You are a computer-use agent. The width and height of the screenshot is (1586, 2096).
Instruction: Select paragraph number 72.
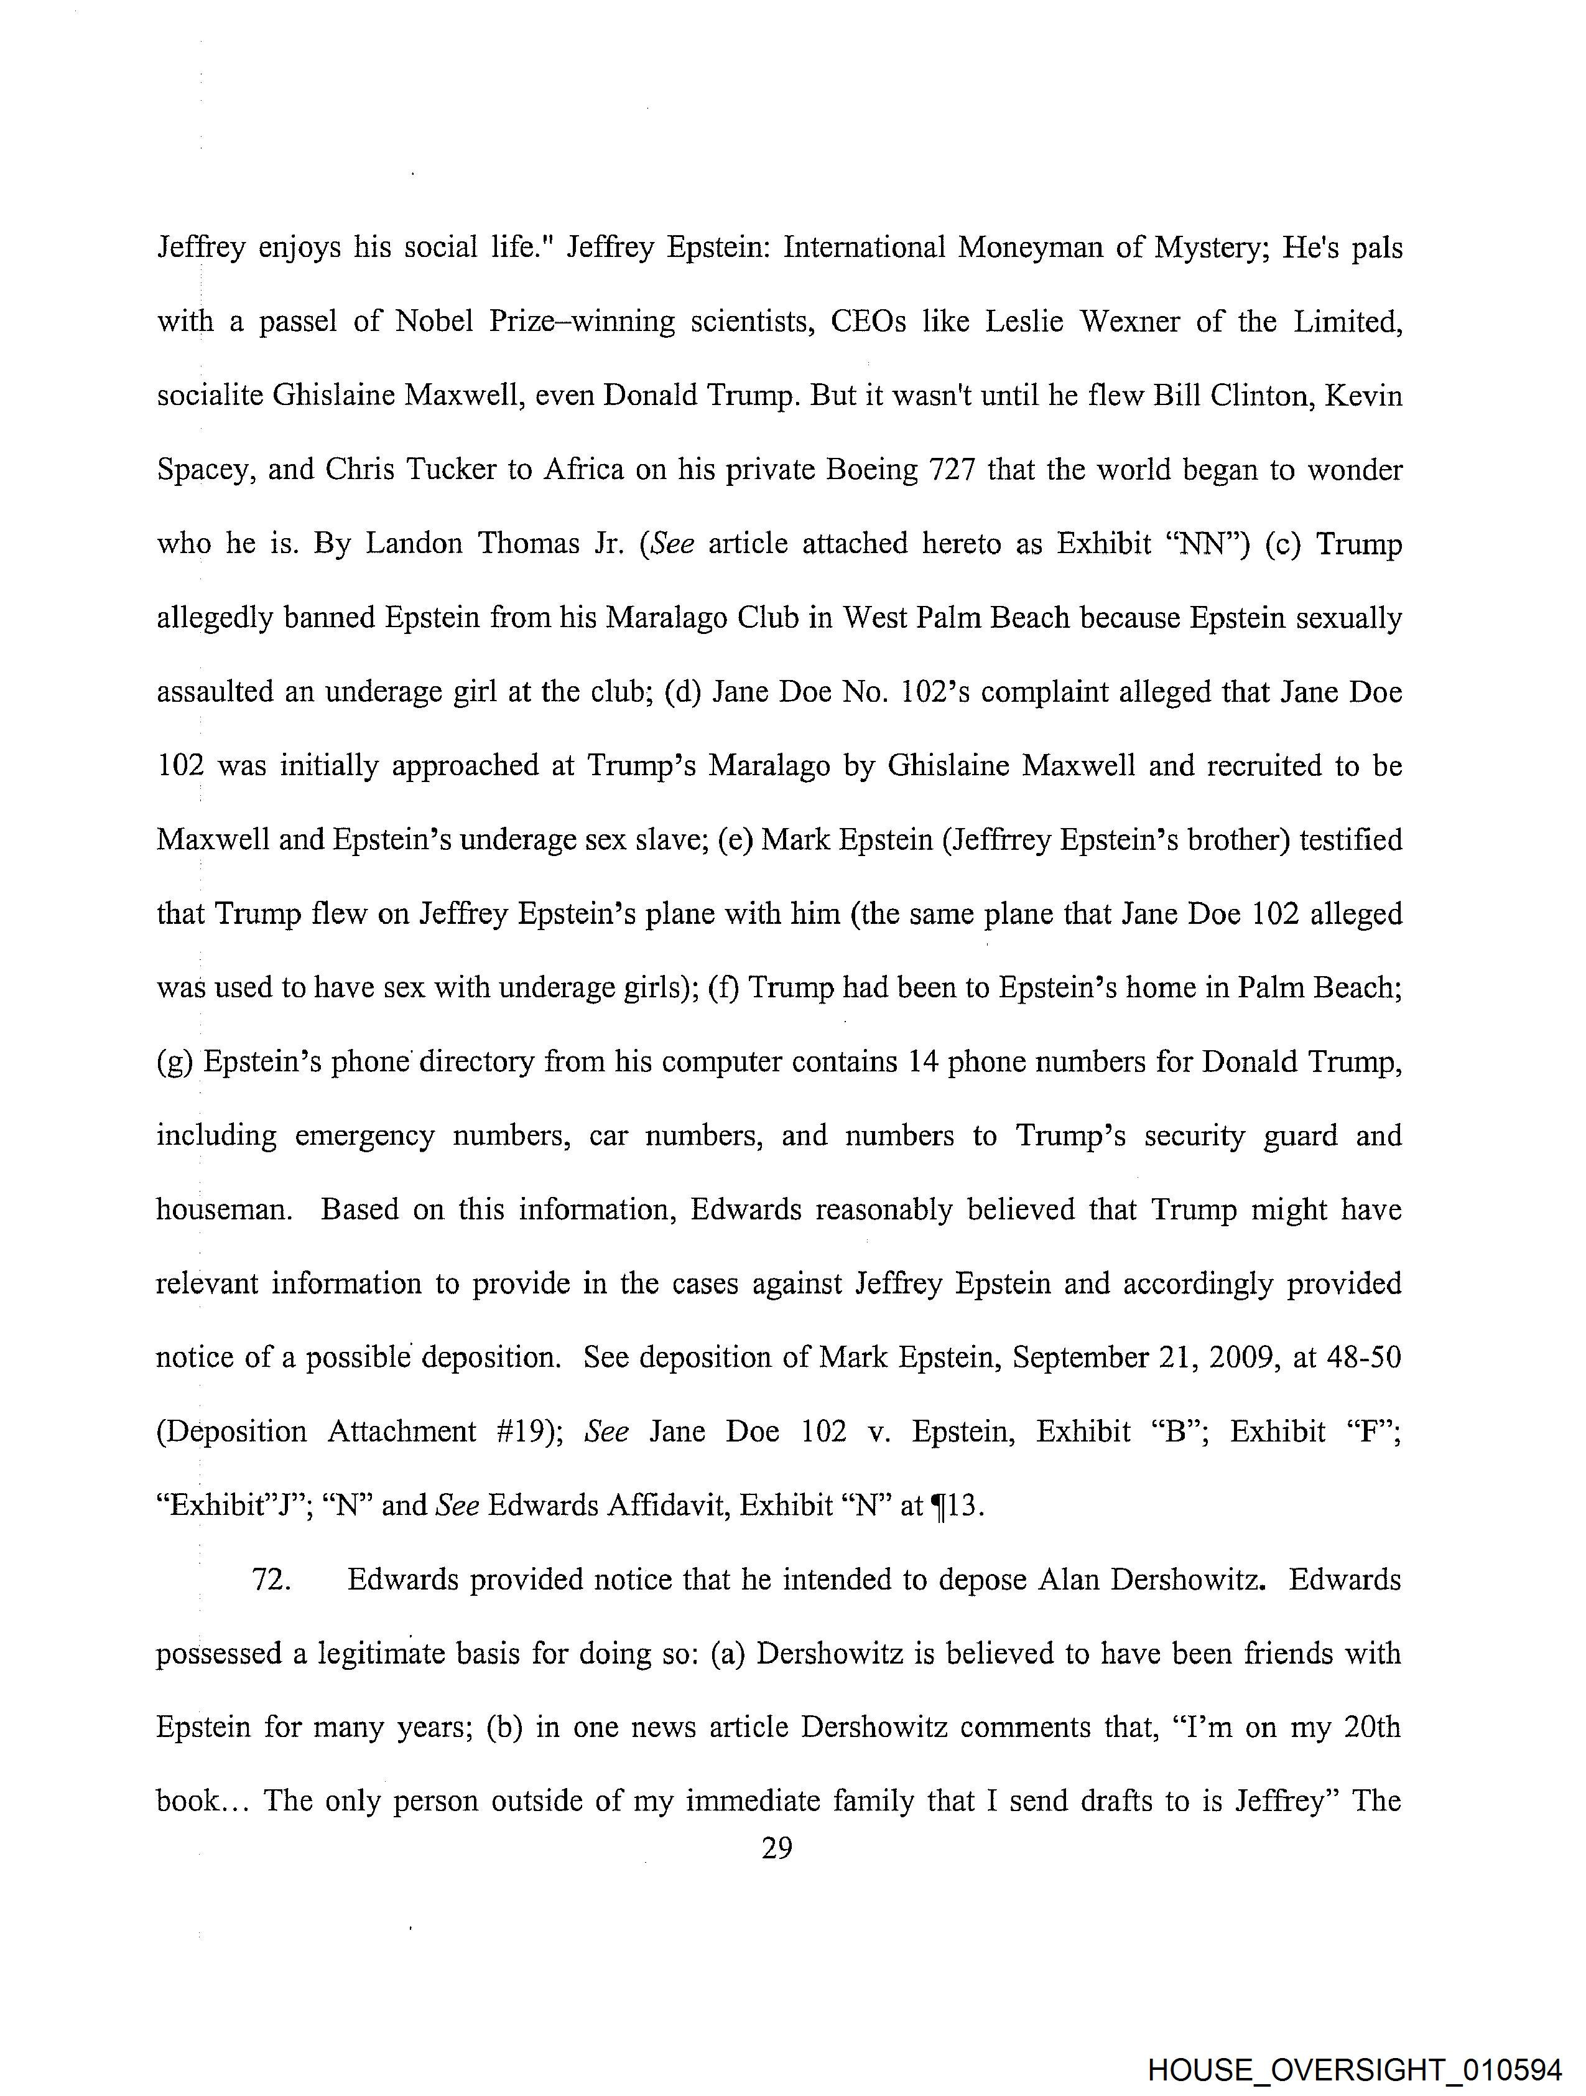pyautogui.click(x=271, y=1580)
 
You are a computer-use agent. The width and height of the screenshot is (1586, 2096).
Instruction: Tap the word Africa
pyautogui.click(x=583, y=469)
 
